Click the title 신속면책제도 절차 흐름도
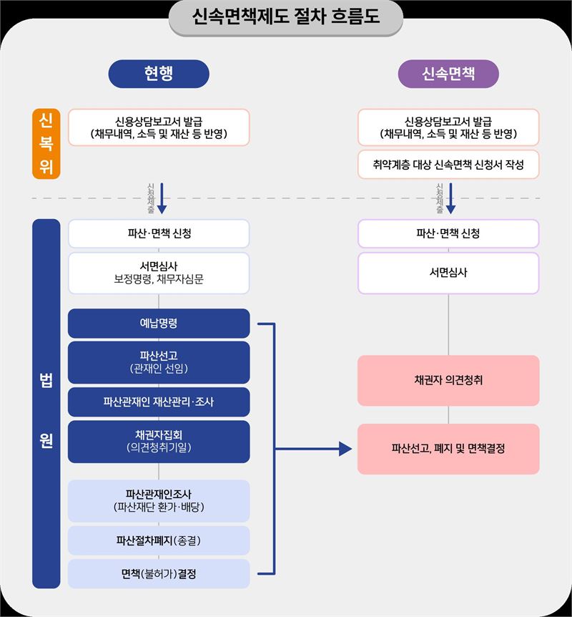click(286, 16)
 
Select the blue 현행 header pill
click(159, 74)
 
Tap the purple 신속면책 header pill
click(448, 74)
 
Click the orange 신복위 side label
click(46, 144)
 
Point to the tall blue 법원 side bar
click(46, 404)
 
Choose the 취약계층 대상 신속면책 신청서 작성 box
click(448, 165)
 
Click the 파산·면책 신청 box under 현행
click(159, 234)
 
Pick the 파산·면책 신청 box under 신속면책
click(448, 234)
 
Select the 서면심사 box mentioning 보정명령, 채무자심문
click(159, 273)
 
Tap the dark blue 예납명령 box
click(159, 324)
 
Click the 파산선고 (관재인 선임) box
click(159, 362)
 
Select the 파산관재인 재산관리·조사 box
click(159, 402)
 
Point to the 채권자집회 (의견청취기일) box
click(159, 442)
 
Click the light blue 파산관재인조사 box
click(159, 501)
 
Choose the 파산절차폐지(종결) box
click(159, 540)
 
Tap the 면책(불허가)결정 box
click(159, 574)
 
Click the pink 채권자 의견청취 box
click(448, 381)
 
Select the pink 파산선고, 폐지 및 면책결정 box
click(448, 449)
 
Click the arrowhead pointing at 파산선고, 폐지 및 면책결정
click(345, 449)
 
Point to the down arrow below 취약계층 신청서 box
click(451, 198)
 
